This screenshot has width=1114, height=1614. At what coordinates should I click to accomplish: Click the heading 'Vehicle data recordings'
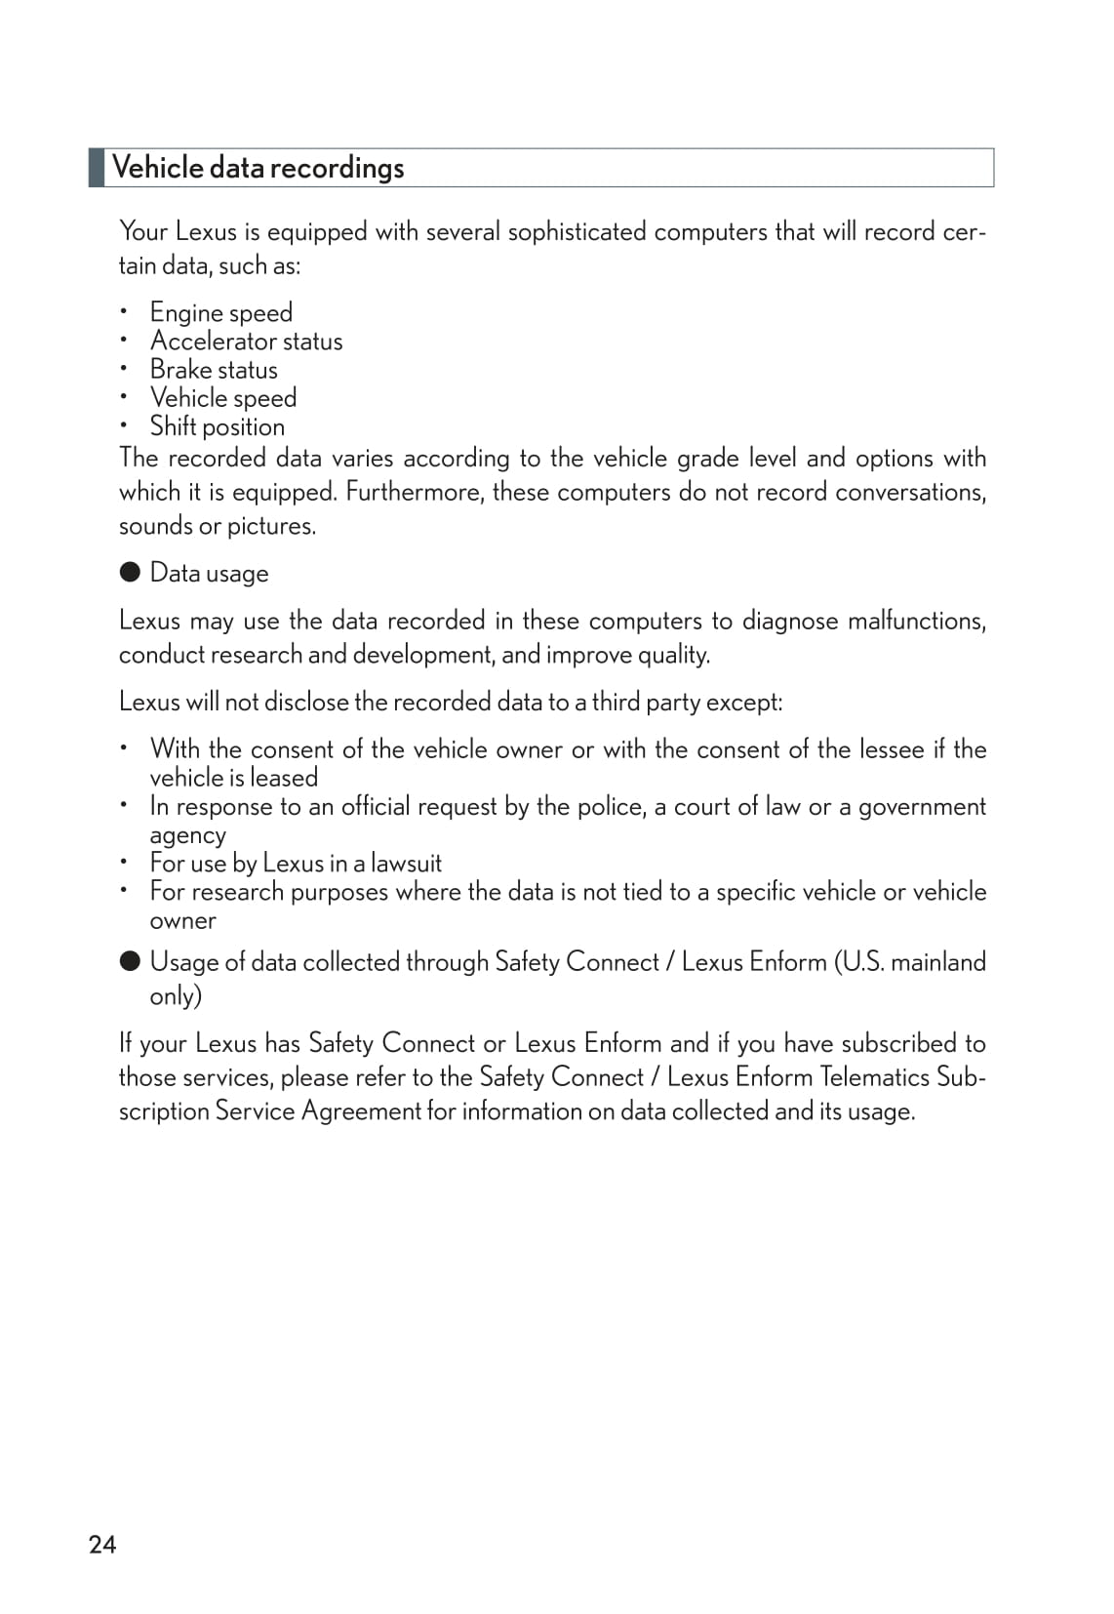pyautogui.click(x=258, y=168)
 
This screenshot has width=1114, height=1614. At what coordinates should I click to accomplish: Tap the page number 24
pyautogui.click(x=102, y=1544)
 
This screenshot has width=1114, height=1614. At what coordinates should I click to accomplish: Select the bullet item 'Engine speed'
pyautogui.click(x=220, y=313)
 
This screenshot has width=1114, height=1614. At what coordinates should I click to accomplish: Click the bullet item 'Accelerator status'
pyautogui.click(x=246, y=342)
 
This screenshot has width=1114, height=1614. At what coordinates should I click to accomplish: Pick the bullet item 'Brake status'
pyautogui.click(x=214, y=370)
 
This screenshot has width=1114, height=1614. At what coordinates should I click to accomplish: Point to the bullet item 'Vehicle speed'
pyautogui.click(x=222, y=398)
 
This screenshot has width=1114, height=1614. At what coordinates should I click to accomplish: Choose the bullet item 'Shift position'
pyautogui.click(x=217, y=426)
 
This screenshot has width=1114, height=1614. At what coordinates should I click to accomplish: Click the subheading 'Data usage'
pyautogui.click(x=209, y=573)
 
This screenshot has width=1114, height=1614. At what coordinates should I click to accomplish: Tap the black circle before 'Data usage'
pyautogui.click(x=130, y=572)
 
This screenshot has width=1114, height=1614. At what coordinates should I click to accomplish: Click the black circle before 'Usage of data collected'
pyautogui.click(x=130, y=961)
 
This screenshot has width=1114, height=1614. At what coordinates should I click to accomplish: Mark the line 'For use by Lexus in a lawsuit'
pyautogui.click(x=296, y=864)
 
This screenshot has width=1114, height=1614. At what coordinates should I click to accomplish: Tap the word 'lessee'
pyautogui.click(x=892, y=749)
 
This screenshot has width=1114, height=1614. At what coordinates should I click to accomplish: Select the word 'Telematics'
pyautogui.click(x=874, y=1077)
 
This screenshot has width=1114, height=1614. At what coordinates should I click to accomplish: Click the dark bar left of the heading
pyautogui.click(x=97, y=168)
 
